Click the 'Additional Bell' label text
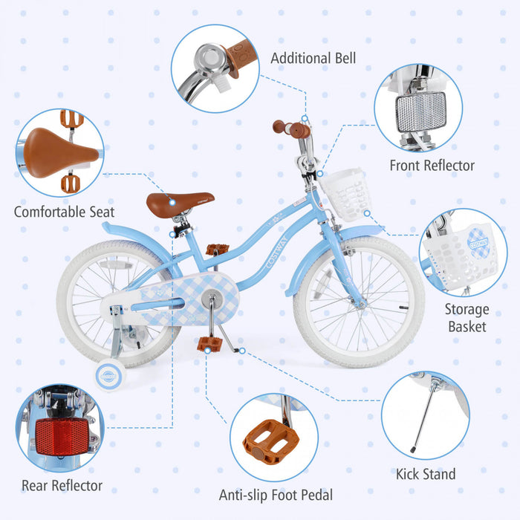pos(313,58)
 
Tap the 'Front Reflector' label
pos(432,166)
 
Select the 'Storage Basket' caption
pos(467,317)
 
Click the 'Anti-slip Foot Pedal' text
pos(276,495)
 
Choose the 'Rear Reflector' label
pos(62,486)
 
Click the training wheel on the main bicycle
pos(110,372)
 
